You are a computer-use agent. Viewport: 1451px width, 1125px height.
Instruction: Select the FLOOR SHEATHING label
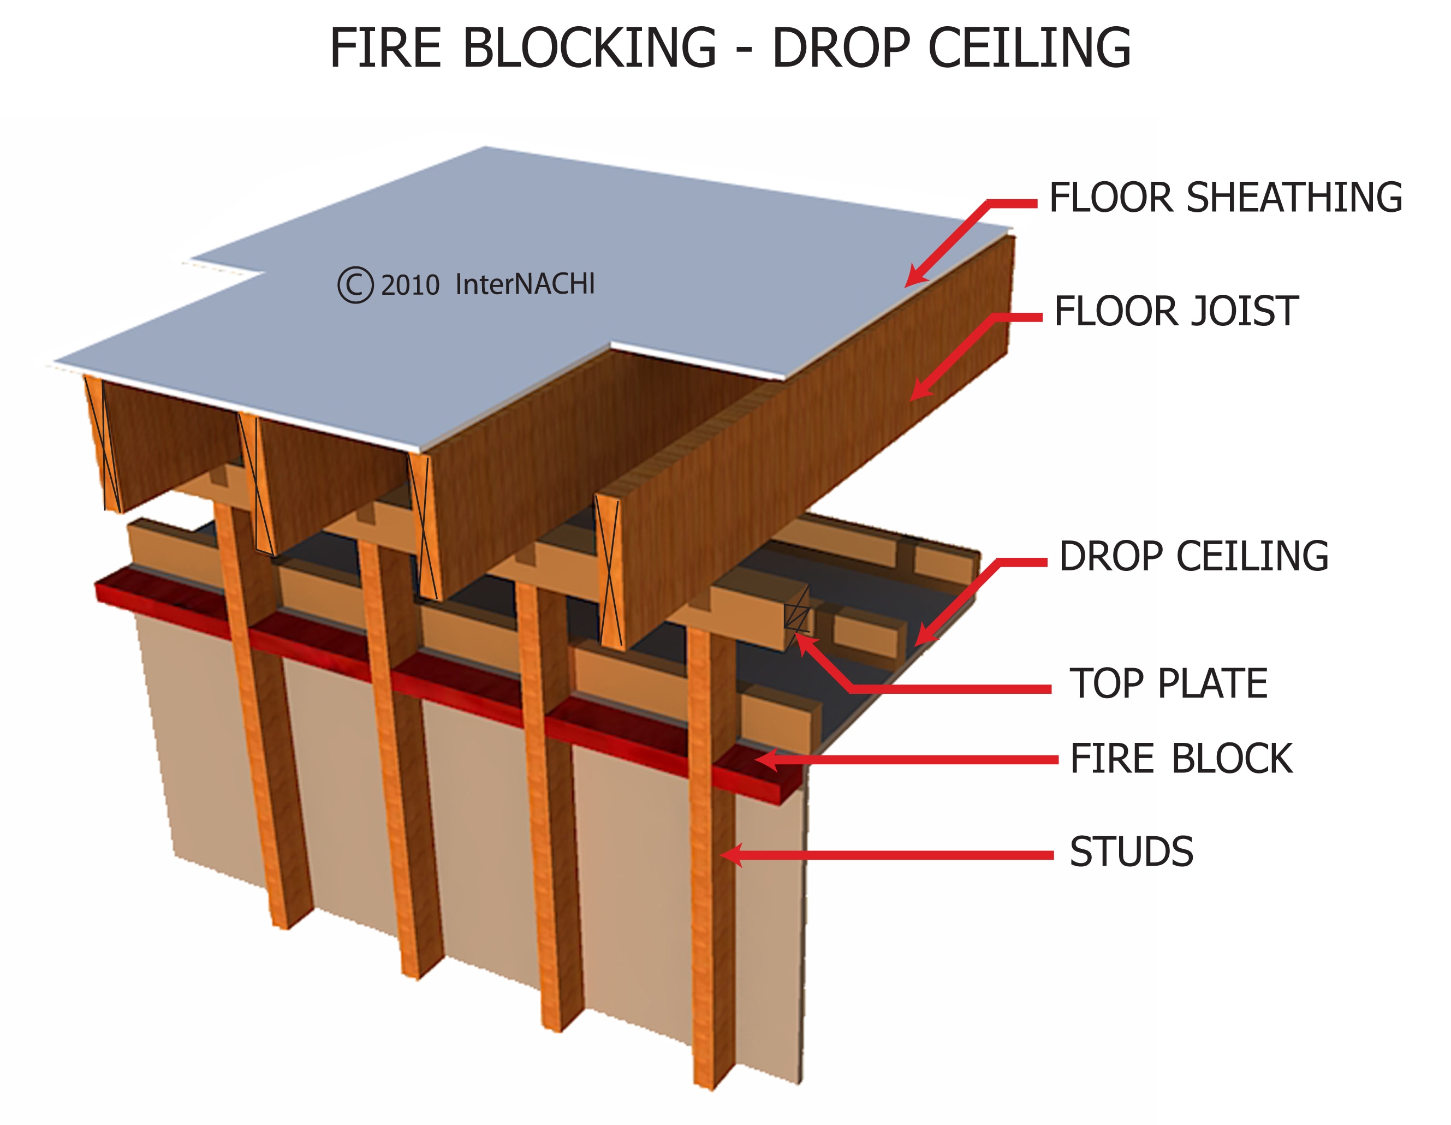click(1225, 198)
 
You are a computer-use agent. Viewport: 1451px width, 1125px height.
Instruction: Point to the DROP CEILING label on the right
click(1193, 556)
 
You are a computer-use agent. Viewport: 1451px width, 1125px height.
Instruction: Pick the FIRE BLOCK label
click(1181, 759)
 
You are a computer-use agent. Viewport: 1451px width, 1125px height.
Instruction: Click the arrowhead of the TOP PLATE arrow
click(801, 642)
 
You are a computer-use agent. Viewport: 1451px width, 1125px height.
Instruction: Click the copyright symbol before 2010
click(355, 285)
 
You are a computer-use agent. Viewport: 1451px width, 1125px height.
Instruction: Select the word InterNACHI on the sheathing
click(525, 284)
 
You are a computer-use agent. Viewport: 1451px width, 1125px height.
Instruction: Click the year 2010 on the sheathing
click(410, 285)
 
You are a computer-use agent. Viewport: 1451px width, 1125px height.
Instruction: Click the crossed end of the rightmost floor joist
click(610, 572)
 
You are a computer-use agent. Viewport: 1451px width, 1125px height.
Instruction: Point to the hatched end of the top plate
click(796, 615)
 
